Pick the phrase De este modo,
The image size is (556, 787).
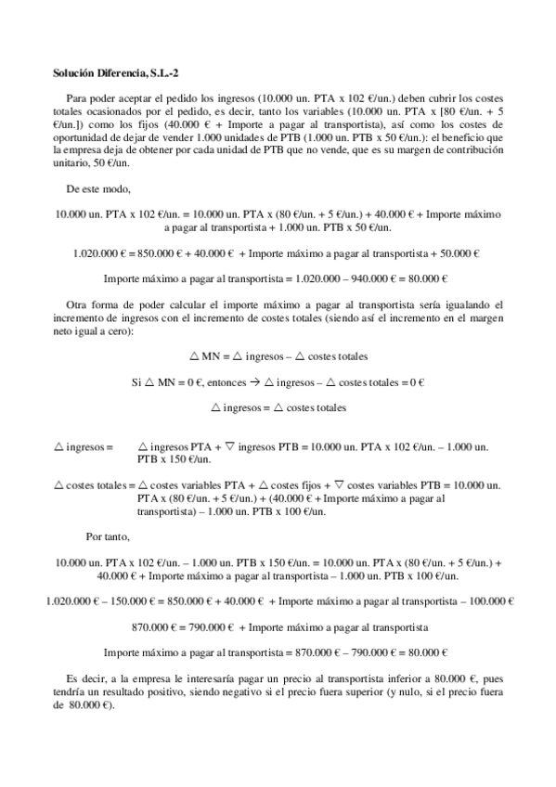coord(97,187)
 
